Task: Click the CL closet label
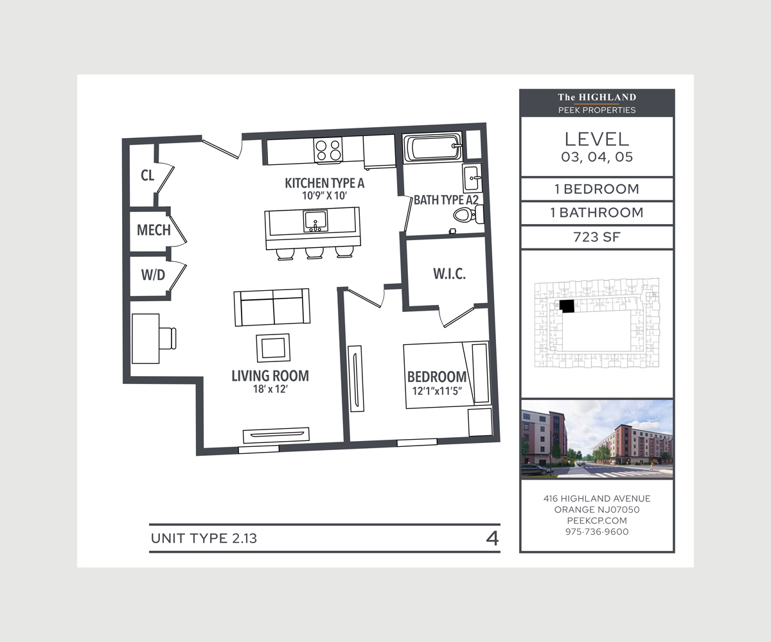147,175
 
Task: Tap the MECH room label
154,230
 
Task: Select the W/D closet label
153,275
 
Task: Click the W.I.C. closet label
449,273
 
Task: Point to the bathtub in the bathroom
432,148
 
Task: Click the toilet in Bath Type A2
468,214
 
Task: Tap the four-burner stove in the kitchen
328,150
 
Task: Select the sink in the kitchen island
315,221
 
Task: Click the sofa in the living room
272,308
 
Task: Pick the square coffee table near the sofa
273,348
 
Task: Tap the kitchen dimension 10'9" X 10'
324,196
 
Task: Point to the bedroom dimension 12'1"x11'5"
437,391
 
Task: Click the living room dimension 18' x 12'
270,389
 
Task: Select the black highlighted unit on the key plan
567,306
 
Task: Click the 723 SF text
597,237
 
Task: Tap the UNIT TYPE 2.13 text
204,539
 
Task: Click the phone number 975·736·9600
597,532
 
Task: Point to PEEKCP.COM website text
597,521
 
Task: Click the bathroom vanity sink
472,177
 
